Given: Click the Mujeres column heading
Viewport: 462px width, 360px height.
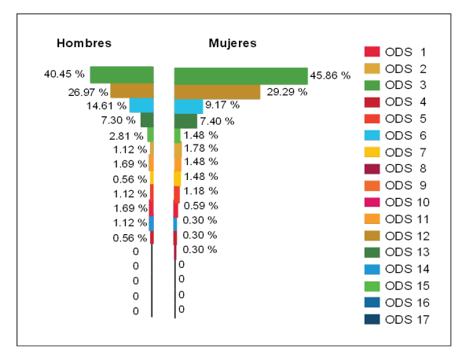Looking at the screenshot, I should pyautogui.click(x=232, y=43).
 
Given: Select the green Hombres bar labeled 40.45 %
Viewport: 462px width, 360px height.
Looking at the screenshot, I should pyautogui.click(x=122, y=75).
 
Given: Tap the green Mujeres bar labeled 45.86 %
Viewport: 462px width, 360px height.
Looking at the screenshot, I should pyautogui.click(x=240, y=75).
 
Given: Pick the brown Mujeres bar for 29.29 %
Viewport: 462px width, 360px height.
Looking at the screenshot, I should pyautogui.click(x=217, y=91).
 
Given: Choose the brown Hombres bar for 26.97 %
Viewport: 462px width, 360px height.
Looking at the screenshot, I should pyautogui.click(x=132, y=90).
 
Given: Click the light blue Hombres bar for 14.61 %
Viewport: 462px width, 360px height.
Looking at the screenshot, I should pyautogui.click(x=141, y=105).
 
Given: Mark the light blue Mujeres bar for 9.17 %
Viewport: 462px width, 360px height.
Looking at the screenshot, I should pyautogui.click(x=189, y=106).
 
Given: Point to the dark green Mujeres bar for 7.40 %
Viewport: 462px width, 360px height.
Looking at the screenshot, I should pyautogui.click(x=185, y=121).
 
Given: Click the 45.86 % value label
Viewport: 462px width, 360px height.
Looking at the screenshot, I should pyautogui.click(x=331, y=75).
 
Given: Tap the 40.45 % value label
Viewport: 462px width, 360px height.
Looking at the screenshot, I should pyautogui.click(x=64, y=75).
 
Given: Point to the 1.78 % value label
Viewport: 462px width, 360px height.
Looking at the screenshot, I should pyautogui.click(x=200, y=149).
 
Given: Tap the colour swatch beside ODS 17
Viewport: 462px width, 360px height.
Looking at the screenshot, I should pyautogui.click(x=372, y=318).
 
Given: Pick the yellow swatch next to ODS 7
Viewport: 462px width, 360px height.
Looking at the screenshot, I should pyautogui.click(x=372, y=152).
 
